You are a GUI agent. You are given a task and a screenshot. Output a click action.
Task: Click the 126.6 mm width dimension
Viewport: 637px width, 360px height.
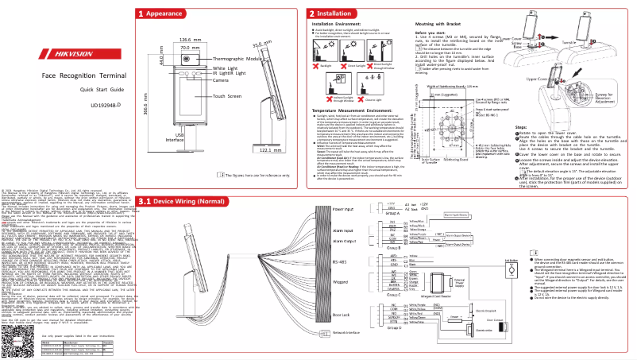click(188, 39)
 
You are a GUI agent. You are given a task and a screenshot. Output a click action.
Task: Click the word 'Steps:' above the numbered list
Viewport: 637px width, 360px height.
click(523, 126)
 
